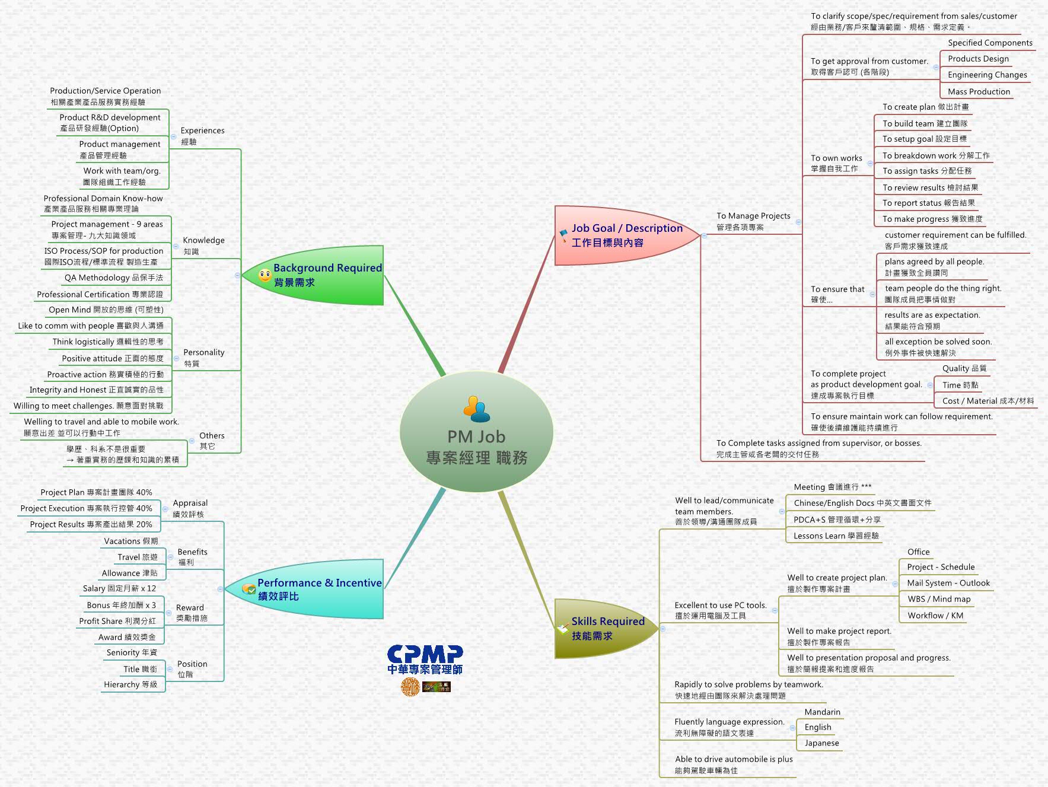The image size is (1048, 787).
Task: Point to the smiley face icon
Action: click(265, 275)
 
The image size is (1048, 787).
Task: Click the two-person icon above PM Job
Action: click(476, 409)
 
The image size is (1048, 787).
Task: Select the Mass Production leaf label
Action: click(979, 91)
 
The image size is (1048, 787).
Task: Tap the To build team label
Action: click(925, 123)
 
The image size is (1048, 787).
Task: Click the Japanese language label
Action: click(821, 743)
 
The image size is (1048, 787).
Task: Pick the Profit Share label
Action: click(117, 621)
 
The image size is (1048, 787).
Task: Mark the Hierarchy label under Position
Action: click(130, 684)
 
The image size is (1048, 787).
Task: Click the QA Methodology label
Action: click(113, 278)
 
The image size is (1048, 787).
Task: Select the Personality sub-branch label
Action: click(203, 357)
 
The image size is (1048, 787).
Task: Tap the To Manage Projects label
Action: click(753, 221)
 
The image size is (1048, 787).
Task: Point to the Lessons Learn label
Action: click(836, 536)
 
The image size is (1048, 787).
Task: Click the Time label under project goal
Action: click(960, 385)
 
